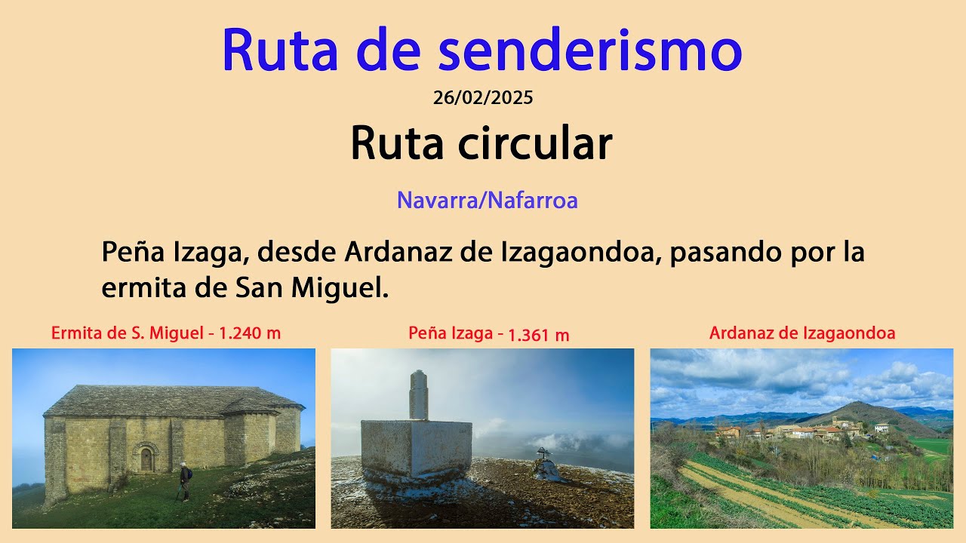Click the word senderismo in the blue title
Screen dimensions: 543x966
click(x=590, y=51)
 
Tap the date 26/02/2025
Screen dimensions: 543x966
click(x=483, y=97)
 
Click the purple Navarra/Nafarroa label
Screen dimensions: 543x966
click(x=487, y=201)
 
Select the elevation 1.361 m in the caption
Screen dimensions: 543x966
click(x=538, y=336)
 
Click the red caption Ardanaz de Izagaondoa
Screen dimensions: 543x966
click(x=802, y=333)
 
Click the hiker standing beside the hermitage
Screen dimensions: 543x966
click(x=185, y=482)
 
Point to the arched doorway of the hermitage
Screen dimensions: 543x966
click(x=146, y=458)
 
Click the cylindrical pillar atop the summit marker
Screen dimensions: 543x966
click(x=418, y=395)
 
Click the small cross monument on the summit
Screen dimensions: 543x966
click(x=544, y=465)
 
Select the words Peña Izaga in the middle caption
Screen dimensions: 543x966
click(x=451, y=333)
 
